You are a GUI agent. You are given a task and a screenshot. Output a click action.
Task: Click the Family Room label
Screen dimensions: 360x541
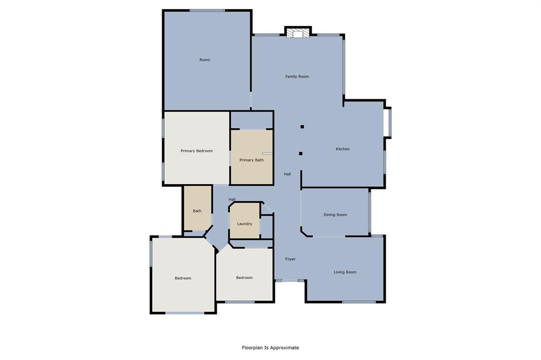(x=297, y=77)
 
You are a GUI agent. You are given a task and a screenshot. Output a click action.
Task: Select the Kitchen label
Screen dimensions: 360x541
(x=343, y=149)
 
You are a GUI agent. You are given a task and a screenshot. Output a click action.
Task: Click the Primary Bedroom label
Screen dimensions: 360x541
(x=197, y=151)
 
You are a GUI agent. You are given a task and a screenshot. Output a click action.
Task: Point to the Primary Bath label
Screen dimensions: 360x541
(x=251, y=160)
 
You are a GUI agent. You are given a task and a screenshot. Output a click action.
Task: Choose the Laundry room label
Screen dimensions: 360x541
(x=245, y=224)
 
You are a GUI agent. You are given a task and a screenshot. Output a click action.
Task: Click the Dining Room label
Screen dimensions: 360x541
(x=335, y=215)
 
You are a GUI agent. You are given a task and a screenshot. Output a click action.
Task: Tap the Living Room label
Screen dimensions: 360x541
(x=345, y=272)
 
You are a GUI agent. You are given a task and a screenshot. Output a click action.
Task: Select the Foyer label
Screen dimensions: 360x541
(x=291, y=259)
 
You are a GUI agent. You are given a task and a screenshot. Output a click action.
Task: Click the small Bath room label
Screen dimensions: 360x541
(x=197, y=211)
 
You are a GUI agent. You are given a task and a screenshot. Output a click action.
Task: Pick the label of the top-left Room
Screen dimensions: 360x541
(x=204, y=60)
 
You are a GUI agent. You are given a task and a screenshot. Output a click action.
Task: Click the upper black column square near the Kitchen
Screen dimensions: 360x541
(x=302, y=127)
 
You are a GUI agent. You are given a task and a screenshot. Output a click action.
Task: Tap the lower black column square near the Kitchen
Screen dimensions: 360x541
(x=301, y=154)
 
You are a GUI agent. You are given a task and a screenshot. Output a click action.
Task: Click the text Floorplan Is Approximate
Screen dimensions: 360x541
(x=270, y=348)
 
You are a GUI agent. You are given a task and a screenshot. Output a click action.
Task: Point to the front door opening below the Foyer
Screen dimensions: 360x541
(x=290, y=281)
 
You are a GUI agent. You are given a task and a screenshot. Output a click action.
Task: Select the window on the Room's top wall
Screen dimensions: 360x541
(x=207, y=10)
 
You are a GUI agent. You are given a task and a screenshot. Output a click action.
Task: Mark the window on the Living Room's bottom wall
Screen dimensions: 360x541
(x=359, y=302)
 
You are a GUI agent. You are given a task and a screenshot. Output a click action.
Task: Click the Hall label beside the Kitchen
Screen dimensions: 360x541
(x=287, y=174)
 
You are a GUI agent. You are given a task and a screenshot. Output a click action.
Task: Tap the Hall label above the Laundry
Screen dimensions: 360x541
(x=232, y=199)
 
